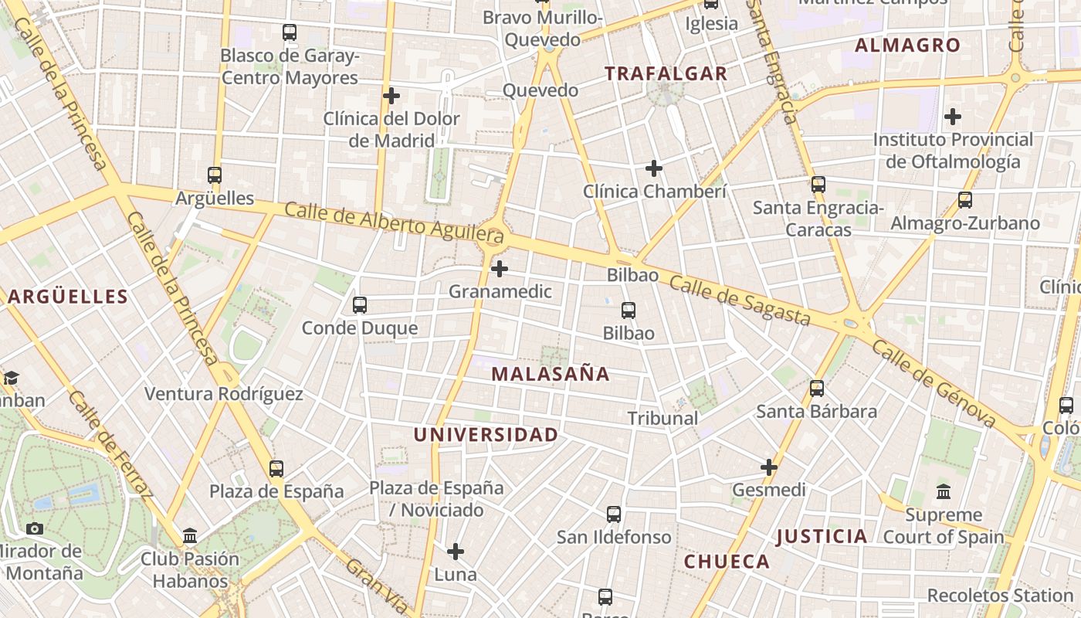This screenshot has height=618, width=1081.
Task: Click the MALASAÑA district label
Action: tap(550, 375)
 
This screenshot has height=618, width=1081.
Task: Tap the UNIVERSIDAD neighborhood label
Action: tap(485, 435)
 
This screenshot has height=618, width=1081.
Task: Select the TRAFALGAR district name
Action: tap(666, 74)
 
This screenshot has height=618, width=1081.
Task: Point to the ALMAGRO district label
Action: tap(907, 46)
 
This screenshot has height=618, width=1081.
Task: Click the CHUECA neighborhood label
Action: tap(727, 562)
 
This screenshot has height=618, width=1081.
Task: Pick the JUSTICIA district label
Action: tap(822, 536)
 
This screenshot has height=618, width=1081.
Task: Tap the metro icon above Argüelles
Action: tap(215, 175)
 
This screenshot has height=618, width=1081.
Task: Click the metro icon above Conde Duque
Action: tap(360, 305)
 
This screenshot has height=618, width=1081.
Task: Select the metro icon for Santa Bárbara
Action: tap(817, 389)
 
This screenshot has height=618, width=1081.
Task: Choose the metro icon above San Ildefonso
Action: tap(614, 514)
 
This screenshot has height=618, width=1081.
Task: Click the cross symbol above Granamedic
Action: tap(500, 269)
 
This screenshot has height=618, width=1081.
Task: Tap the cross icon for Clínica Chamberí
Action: tap(654, 168)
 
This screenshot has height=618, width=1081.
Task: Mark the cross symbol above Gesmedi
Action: tap(769, 467)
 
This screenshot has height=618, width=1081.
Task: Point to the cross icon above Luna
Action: tap(456, 552)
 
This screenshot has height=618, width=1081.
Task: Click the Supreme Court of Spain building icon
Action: tap(944, 492)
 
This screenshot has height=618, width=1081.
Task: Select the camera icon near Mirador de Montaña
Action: tap(35, 529)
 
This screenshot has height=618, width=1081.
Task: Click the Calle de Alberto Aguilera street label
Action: tap(394, 221)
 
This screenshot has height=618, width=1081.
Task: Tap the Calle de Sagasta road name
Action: tap(739, 301)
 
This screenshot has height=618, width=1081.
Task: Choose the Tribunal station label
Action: tap(662, 419)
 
